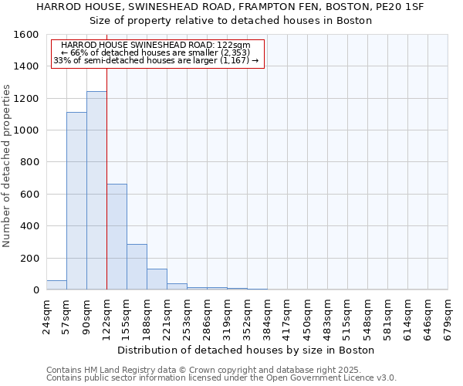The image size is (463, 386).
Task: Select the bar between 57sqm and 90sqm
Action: pyautogui.click(x=76, y=201)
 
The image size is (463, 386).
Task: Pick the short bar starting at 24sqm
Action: pyautogui.click(x=56, y=285)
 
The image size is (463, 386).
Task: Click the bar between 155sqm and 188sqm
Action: pyautogui.click(x=137, y=267)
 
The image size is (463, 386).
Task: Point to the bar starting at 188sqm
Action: pyautogui.click(x=157, y=279)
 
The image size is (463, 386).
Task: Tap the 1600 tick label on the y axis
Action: pyautogui.click(x=27, y=35)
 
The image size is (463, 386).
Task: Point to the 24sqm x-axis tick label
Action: pyautogui.click(x=46, y=315)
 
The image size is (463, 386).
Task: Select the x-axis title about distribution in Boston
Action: pyautogui.click(x=247, y=350)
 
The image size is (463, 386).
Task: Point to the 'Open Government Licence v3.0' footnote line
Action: pyautogui.click(x=221, y=378)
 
